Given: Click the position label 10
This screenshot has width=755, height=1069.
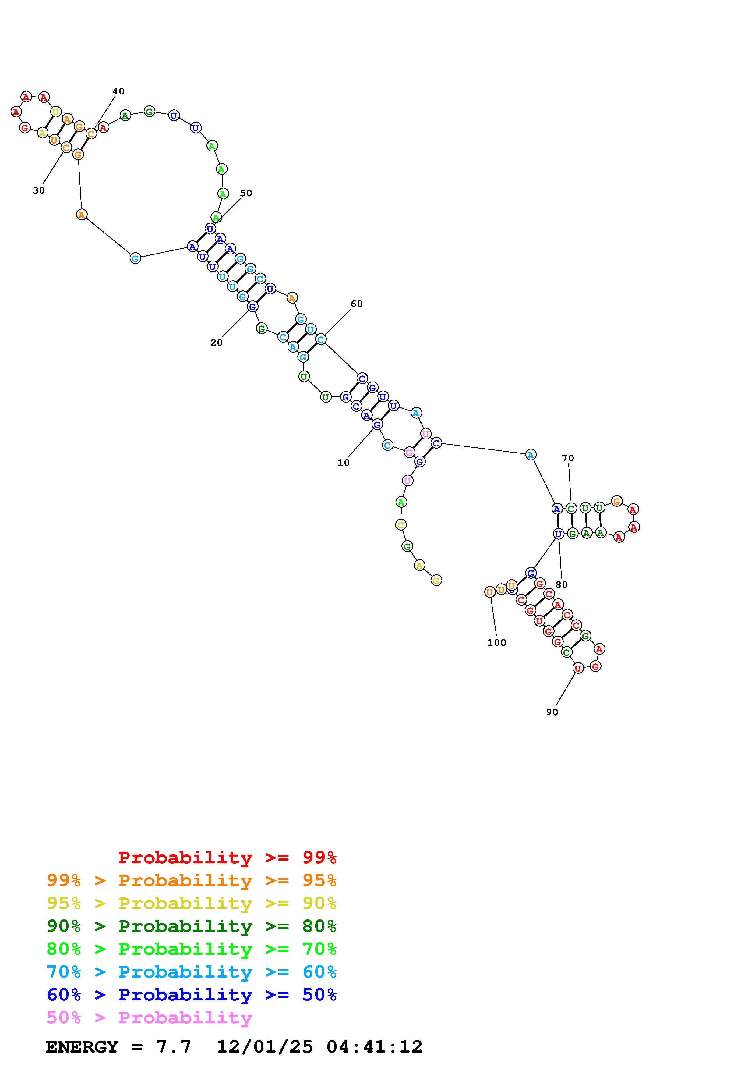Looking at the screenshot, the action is (343, 463).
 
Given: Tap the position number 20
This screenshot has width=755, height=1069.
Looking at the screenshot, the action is (216, 343).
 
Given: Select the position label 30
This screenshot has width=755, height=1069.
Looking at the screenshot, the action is (39, 190).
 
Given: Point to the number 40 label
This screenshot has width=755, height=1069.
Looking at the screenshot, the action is (118, 91).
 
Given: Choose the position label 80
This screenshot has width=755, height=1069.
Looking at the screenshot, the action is (562, 585).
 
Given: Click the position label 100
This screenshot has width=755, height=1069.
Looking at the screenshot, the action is (496, 642).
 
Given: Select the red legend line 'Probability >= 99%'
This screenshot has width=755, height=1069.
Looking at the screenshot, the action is (228, 858).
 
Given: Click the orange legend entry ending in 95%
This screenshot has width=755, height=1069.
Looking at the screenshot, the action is (192, 880).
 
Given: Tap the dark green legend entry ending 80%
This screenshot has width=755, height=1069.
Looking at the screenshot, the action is (192, 926).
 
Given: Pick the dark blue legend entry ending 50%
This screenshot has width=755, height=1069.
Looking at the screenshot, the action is (192, 995).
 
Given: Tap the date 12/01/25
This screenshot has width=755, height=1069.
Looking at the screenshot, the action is (265, 1047).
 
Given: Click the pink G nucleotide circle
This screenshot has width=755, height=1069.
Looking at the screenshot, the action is (409, 452).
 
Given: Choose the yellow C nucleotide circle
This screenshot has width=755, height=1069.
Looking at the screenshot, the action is (400, 525).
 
